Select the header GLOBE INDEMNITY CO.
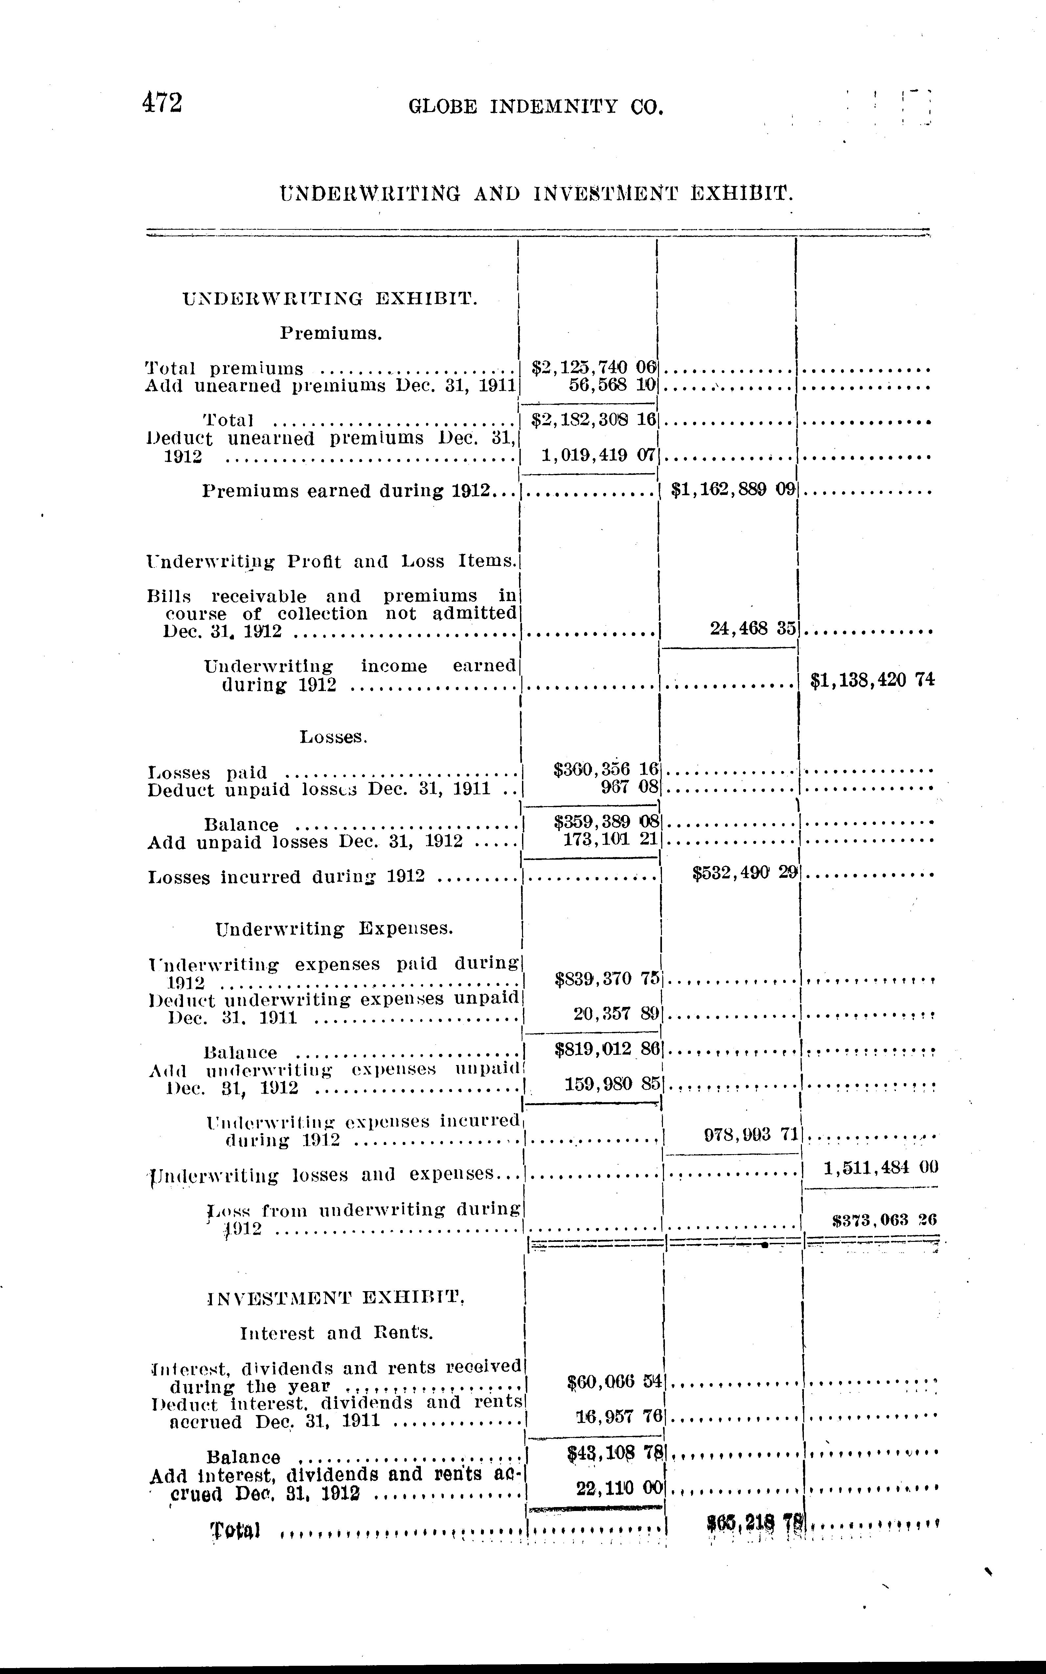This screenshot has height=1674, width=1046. coord(536,106)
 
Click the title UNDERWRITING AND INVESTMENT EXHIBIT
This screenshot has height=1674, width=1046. coord(536,193)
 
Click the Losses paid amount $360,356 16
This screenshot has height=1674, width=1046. coord(605,769)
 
